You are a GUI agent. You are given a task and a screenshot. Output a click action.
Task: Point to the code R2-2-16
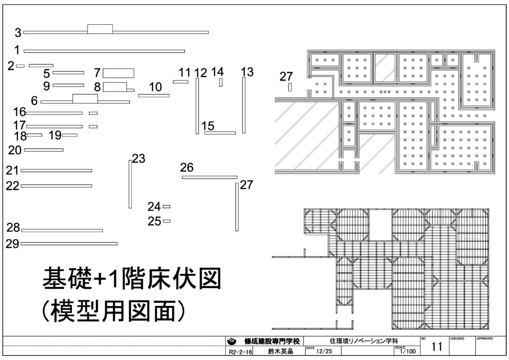[241, 352]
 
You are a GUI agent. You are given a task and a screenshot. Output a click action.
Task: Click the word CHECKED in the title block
[457, 339]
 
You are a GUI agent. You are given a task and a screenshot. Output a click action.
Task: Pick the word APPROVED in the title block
[485, 339]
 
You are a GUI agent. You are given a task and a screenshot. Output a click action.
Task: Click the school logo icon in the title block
[232, 342]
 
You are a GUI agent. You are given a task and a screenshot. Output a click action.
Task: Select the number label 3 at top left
[18, 33]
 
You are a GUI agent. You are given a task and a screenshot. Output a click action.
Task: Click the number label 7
[97, 73]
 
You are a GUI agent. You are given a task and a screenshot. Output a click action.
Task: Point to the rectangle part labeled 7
[119, 73]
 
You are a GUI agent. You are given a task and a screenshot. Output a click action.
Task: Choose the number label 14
[217, 72]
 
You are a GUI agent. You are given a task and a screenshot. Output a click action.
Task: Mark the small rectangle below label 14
[221, 82]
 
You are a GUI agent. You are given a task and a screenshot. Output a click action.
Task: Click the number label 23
[139, 159]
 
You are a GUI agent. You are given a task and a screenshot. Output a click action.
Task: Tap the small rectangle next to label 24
[167, 206]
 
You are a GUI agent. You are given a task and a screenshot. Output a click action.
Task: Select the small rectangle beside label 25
[167, 221]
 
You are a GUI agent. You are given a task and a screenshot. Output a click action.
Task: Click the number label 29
[12, 244]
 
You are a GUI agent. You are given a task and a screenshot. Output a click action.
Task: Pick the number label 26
[187, 168]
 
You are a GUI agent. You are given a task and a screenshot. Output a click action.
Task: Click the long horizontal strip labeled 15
[220, 133]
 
